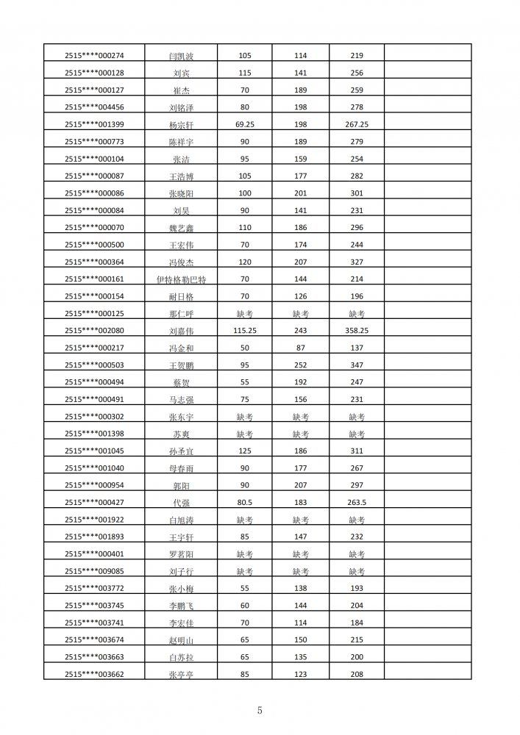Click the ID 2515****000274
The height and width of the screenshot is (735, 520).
94,56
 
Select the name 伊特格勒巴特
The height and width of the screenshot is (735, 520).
182,280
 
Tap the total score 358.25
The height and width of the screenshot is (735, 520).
357,331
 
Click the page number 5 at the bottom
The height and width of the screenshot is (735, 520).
260,710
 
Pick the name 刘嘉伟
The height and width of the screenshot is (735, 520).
182,331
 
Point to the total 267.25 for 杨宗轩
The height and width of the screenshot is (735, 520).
357,124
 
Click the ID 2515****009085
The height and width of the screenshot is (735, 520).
94,571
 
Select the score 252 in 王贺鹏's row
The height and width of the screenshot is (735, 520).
300,365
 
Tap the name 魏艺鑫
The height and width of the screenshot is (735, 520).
182,229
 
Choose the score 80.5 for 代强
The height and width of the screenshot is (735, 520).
245,503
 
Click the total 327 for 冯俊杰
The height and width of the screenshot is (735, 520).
357,262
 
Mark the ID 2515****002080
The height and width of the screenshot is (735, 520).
94,331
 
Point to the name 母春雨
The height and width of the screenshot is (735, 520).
182,468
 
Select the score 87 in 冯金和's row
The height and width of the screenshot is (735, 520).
300,348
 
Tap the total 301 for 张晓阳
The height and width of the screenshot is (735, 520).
357,193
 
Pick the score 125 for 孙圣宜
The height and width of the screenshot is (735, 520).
245,451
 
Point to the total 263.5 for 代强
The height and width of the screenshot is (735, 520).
357,503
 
